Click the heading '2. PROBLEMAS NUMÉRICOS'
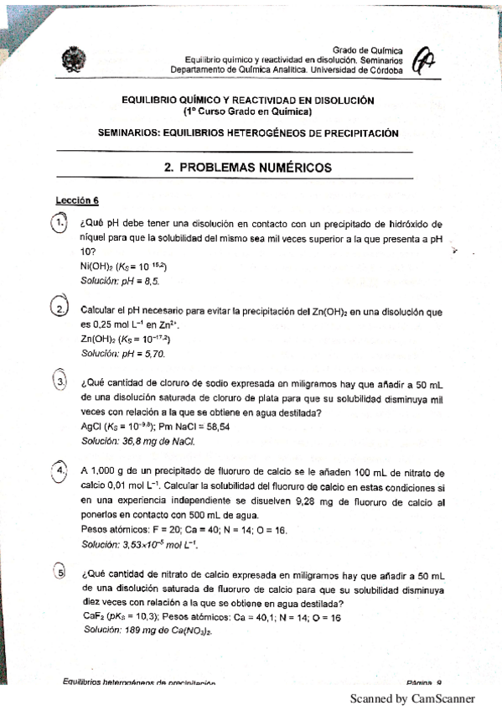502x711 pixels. click(x=248, y=168)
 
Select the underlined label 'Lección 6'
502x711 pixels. click(x=77, y=200)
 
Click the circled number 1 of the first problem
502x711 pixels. click(x=59, y=224)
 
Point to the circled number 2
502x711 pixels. click(x=60, y=309)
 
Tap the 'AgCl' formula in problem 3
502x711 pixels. click(x=91, y=427)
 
